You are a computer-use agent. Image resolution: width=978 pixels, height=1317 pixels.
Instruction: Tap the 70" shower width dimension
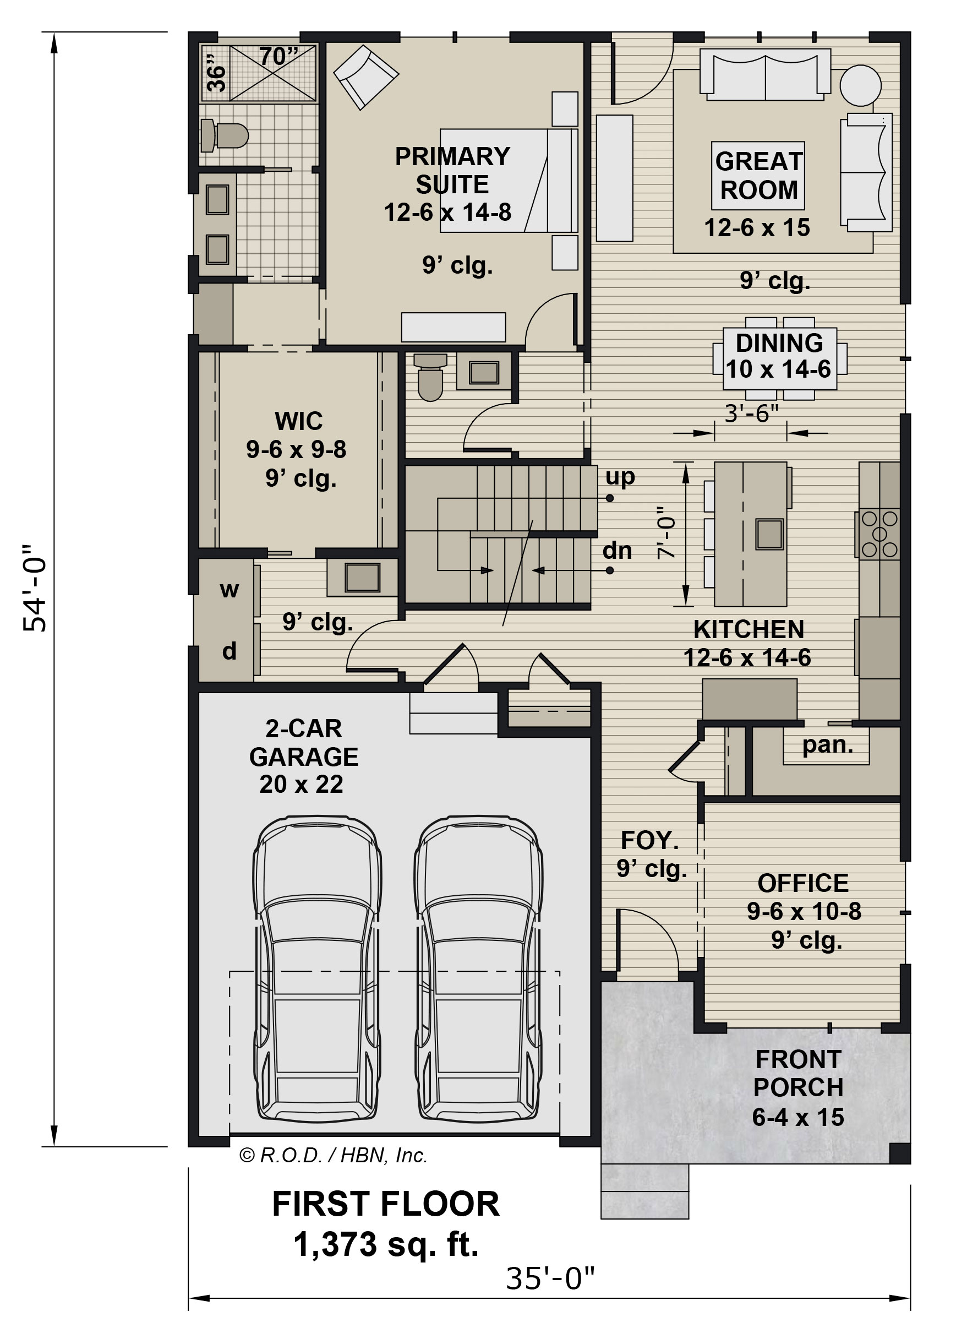pos(278,57)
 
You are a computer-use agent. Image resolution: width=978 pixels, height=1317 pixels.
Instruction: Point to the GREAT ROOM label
pos(758,175)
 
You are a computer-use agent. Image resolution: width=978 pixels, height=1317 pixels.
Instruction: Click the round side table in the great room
pos(860,85)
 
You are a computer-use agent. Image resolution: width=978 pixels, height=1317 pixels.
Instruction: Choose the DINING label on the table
pos(779,343)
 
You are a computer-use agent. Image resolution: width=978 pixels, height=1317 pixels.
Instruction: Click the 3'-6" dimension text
pos(751,413)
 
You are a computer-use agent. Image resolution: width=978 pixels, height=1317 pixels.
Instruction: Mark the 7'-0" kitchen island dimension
pos(666,532)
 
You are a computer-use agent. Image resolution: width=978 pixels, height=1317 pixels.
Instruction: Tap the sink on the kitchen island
pos(769,534)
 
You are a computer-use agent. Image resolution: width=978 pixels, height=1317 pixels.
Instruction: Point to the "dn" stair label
pos(617,551)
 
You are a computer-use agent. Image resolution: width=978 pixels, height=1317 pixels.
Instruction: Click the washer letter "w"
pos(229,590)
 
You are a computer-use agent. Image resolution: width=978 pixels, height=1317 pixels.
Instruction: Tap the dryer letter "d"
pos(229,651)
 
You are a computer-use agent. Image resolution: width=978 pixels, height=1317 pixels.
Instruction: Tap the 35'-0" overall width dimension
pos(549,1277)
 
